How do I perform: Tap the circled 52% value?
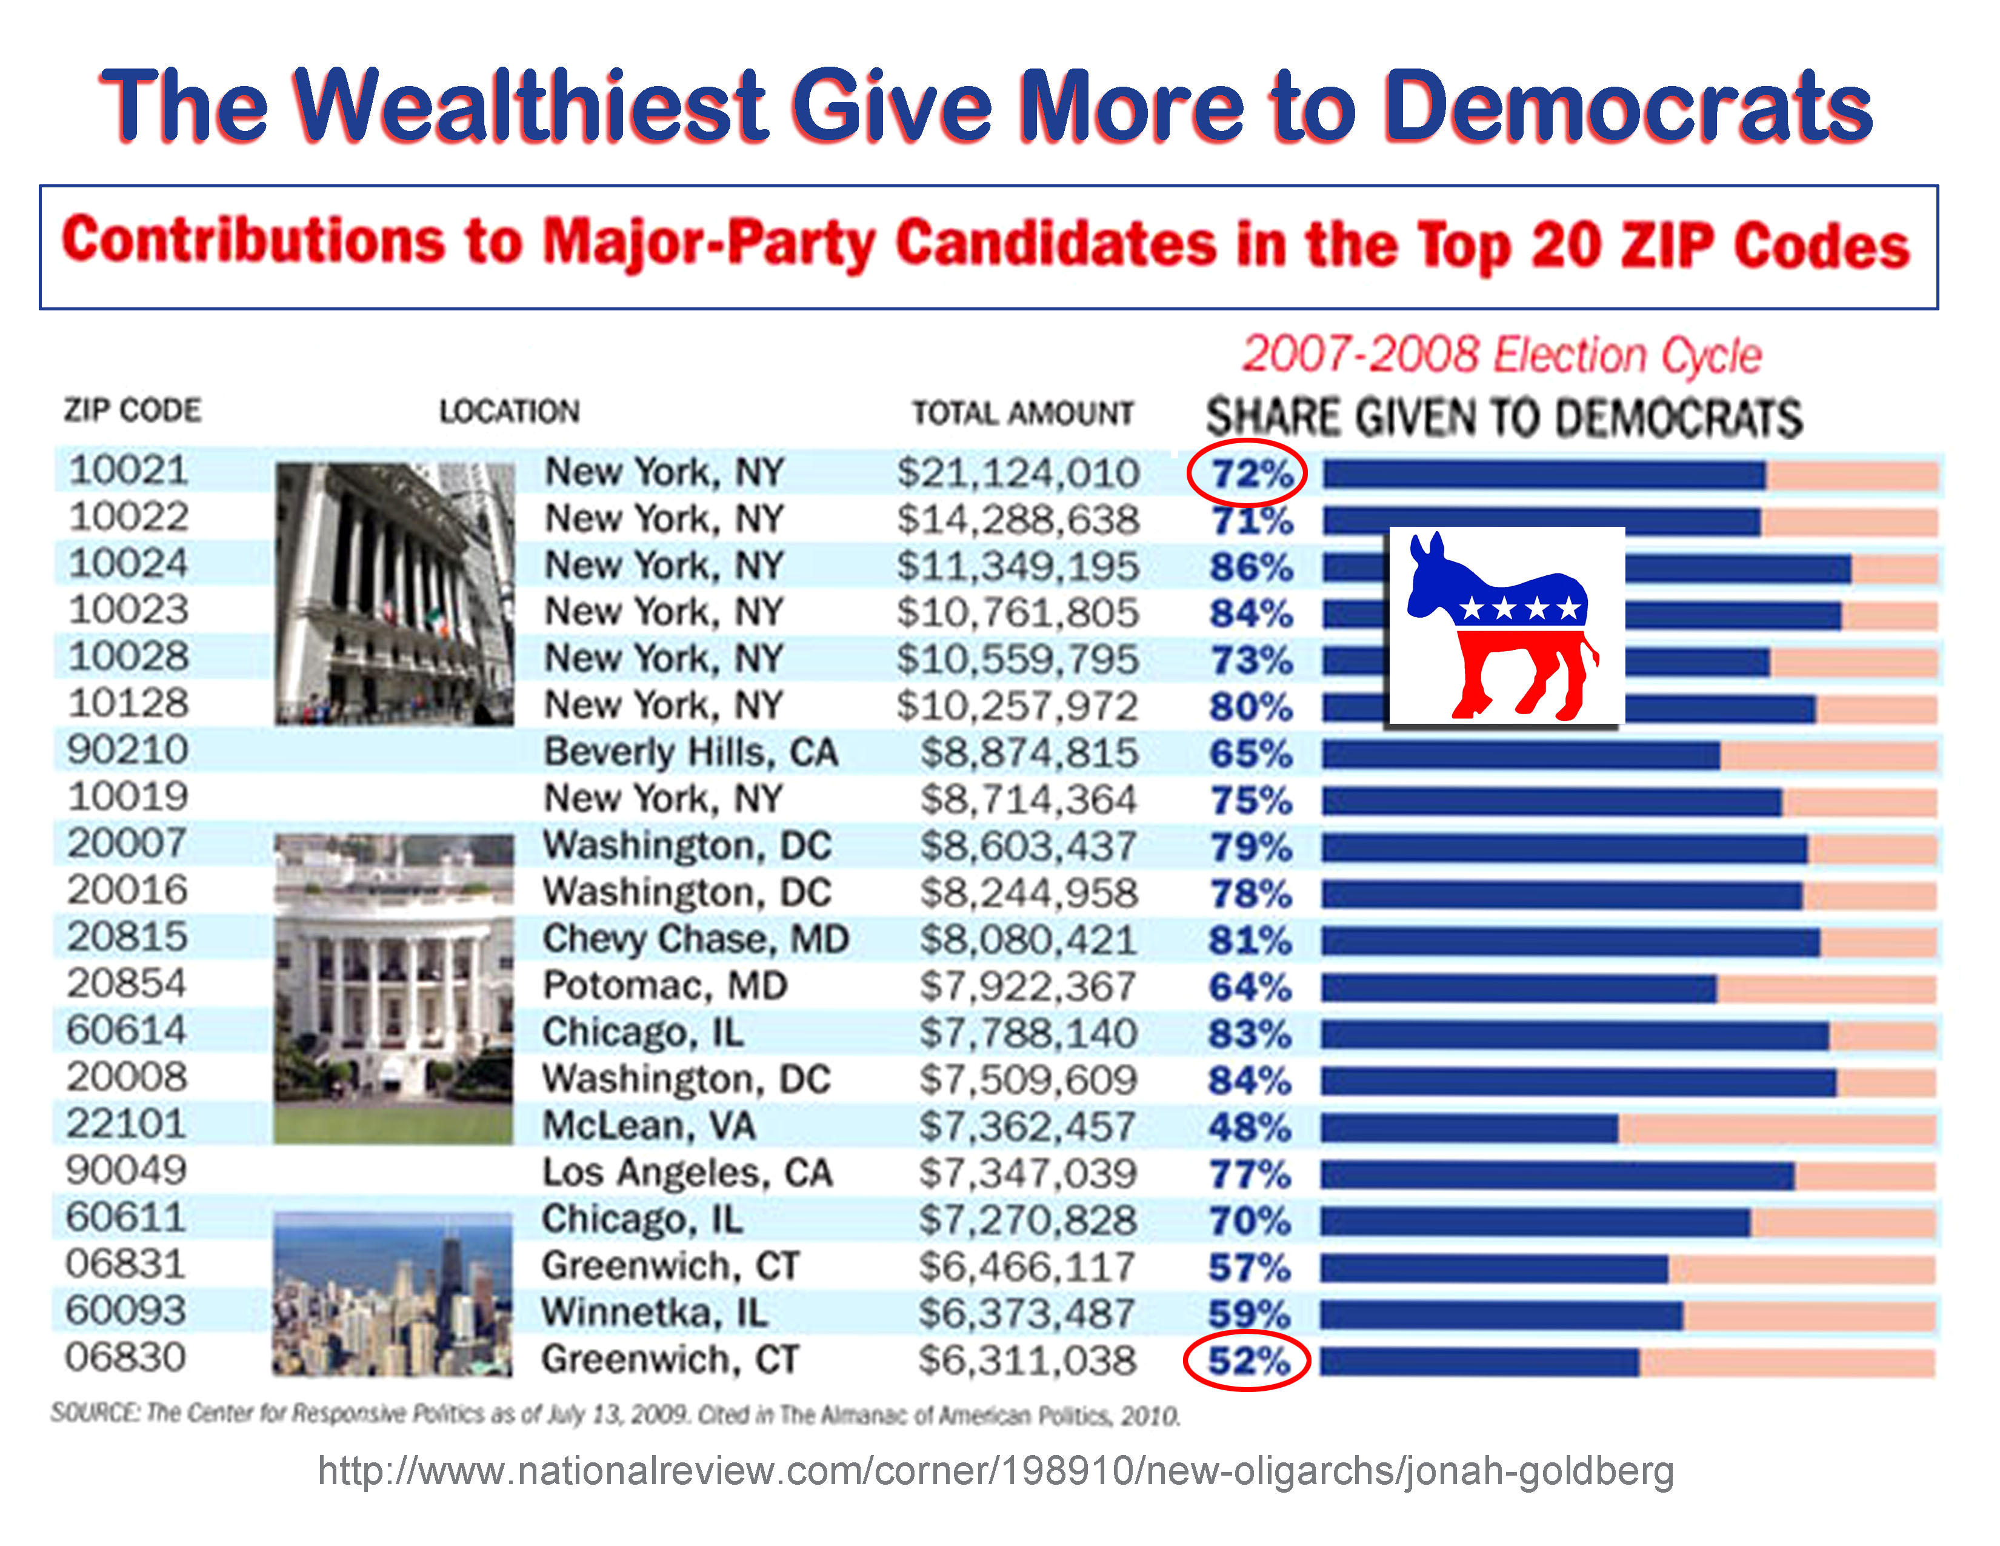pyautogui.click(x=1247, y=1362)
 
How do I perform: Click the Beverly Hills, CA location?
pyautogui.click(x=690, y=752)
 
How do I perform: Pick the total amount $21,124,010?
pyautogui.click(x=1018, y=474)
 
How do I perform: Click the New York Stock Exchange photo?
pyautogui.click(x=395, y=594)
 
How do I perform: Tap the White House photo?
pyautogui.click(x=394, y=989)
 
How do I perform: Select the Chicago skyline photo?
pyautogui.click(x=393, y=1294)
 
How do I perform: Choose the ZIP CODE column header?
pyautogui.click(x=133, y=410)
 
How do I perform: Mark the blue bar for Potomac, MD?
pyautogui.click(x=1518, y=988)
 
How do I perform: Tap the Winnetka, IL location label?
pyautogui.click(x=654, y=1313)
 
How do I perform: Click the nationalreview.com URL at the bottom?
pyautogui.click(x=995, y=1471)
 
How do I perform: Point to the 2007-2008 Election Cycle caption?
pyautogui.click(x=1502, y=355)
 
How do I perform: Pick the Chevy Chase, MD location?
pyautogui.click(x=695, y=939)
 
